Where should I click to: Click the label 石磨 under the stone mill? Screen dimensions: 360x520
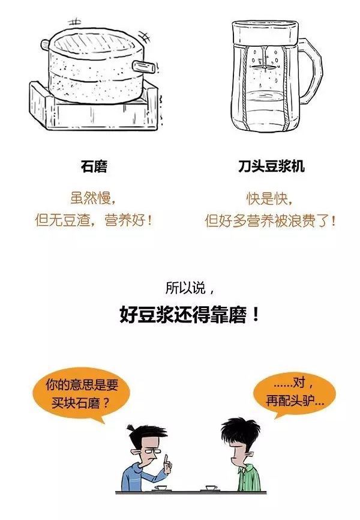[x=94, y=166]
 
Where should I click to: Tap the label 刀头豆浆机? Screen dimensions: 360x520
[x=271, y=166]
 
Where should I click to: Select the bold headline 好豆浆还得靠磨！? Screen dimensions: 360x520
[x=189, y=315]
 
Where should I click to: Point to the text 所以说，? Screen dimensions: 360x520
[x=190, y=288]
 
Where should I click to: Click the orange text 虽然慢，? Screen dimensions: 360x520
[x=93, y=198]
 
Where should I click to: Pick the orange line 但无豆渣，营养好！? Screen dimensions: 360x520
[x=94, y=220]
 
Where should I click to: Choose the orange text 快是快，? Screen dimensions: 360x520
[x=270, y=199]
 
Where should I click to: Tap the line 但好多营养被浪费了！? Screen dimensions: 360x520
[x=270, y=220]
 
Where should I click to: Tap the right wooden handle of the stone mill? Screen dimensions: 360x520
[x=143, y=67]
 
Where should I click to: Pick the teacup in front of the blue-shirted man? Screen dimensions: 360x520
[x=162, y=488]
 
